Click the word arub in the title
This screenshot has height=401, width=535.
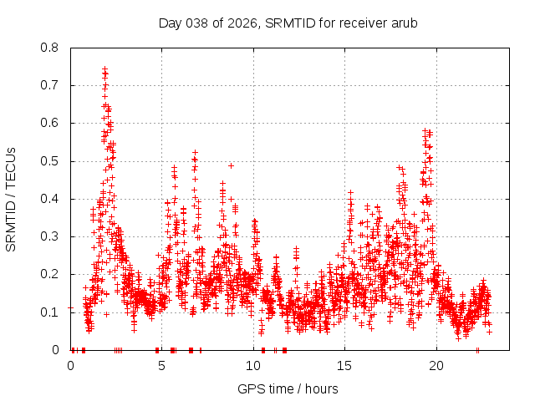(403, 23)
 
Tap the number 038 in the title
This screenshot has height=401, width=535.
(197, 23)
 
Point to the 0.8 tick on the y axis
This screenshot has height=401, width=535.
(51, 48)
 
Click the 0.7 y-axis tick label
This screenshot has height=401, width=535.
(51, 85)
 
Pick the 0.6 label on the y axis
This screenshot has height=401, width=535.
(51, 123)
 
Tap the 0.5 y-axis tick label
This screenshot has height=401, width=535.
(51, 161)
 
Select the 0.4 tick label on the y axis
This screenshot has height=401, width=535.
(51, 199)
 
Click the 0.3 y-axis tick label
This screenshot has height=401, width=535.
(51, 236)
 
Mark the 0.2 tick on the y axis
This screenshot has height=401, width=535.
(51, 274)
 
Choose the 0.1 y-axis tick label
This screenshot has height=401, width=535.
(51, 312)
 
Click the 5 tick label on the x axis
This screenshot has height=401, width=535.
(162, 366)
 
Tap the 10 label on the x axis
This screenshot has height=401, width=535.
(253, 366)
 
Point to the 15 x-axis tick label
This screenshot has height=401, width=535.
(345, 366)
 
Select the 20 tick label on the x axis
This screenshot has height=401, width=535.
(436, 366)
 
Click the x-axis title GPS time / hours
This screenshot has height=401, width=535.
(288, 388)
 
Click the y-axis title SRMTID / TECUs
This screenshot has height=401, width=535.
(12, 199)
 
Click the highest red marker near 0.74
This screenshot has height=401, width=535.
(104, 69)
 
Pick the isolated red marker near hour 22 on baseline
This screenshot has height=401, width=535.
(477, 350)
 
